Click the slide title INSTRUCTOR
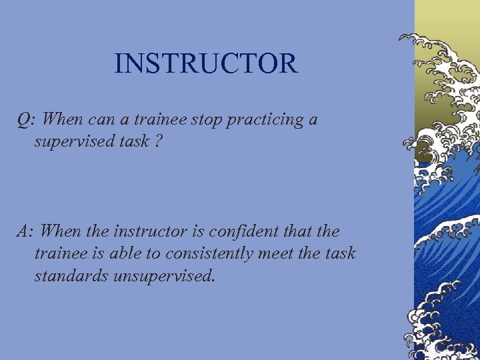[x=205, y=64]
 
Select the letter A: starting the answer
[x=25, y=231]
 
